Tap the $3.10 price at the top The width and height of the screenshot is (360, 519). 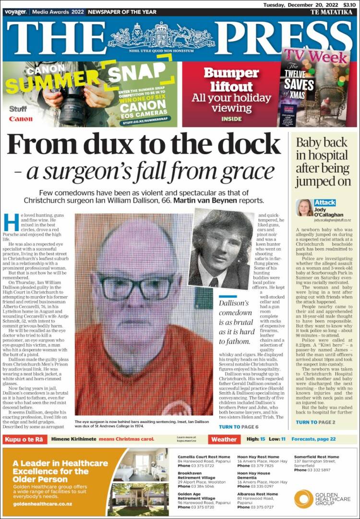350,4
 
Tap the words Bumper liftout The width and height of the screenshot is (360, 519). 228,80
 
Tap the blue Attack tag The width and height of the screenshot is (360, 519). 325,203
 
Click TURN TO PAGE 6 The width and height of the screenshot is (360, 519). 238,427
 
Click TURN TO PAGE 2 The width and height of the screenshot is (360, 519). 315,422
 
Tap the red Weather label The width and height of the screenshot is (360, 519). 224,439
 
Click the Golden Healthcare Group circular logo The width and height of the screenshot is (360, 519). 303,498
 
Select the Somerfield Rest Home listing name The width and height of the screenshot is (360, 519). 316,457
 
